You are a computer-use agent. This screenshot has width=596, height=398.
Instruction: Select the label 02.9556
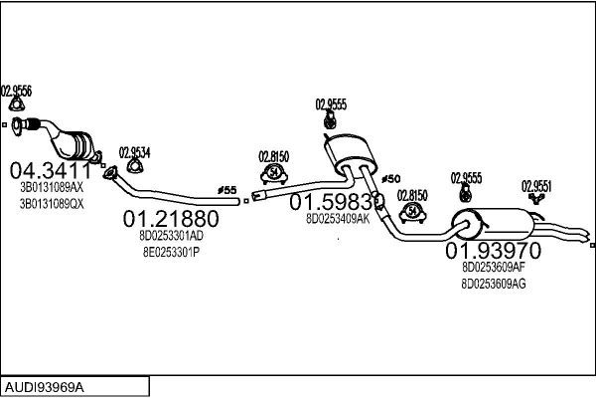click(x=17, y=91)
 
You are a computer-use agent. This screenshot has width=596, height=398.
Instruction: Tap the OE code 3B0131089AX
click(x=53, y=186)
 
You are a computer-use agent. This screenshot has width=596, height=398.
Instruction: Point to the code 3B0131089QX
click(x=53, y=203)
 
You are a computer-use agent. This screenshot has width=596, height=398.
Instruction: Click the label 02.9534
click(x=135, y=152)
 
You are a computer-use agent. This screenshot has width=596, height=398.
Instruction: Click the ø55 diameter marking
click(x=226, y=189)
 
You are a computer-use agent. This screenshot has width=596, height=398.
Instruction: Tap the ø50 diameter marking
click(x=390, y=177)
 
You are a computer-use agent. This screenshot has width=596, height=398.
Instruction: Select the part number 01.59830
click(x=337, y=201)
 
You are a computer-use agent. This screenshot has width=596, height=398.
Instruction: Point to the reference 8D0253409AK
click(x=337, y=218)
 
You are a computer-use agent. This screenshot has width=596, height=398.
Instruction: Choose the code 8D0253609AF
click(x=494, y=267)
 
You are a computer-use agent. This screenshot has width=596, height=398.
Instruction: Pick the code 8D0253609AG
click(x=494, y=284)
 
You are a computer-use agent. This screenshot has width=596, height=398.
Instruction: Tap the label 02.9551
click(x=537, y=184)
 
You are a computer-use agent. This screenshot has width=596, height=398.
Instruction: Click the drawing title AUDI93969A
click(x=45, y=384)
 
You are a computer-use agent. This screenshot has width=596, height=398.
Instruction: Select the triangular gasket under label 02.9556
click(x=16, y=105)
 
